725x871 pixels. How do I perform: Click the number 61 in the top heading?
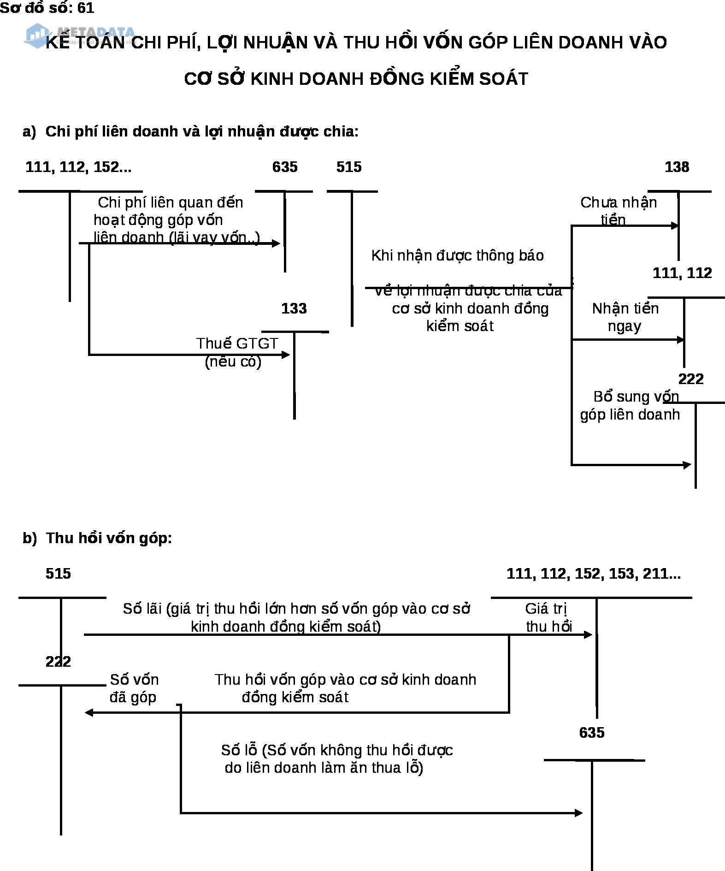click(x=86, y=8)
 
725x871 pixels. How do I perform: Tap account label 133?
click(x=294, y=308)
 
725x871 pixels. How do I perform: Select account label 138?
click(x=677, y=167)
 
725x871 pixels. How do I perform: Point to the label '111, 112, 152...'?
click(x=78, y=167)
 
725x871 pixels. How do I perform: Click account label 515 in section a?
click(x=349, y=167)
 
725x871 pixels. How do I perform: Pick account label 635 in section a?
click(x=285, y=167)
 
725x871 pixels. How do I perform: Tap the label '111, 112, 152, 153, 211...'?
click(x=594, y=574)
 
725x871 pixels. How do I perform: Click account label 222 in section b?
click(x=59, y=662)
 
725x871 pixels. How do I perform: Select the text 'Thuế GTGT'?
click(x=237, y=344)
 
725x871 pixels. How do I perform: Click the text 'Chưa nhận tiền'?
click(x=618, y=211)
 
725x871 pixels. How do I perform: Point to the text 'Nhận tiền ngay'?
click(x=625, y=317)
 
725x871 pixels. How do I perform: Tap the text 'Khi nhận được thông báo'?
click(x=457, y=255)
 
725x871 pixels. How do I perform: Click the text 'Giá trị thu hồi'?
click(x=548, y=617)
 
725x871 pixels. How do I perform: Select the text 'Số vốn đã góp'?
click(x=134, y=688)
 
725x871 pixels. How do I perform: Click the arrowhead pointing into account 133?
click(x=286, y=355)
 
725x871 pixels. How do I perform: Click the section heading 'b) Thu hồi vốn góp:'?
click(x=97, y=538)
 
